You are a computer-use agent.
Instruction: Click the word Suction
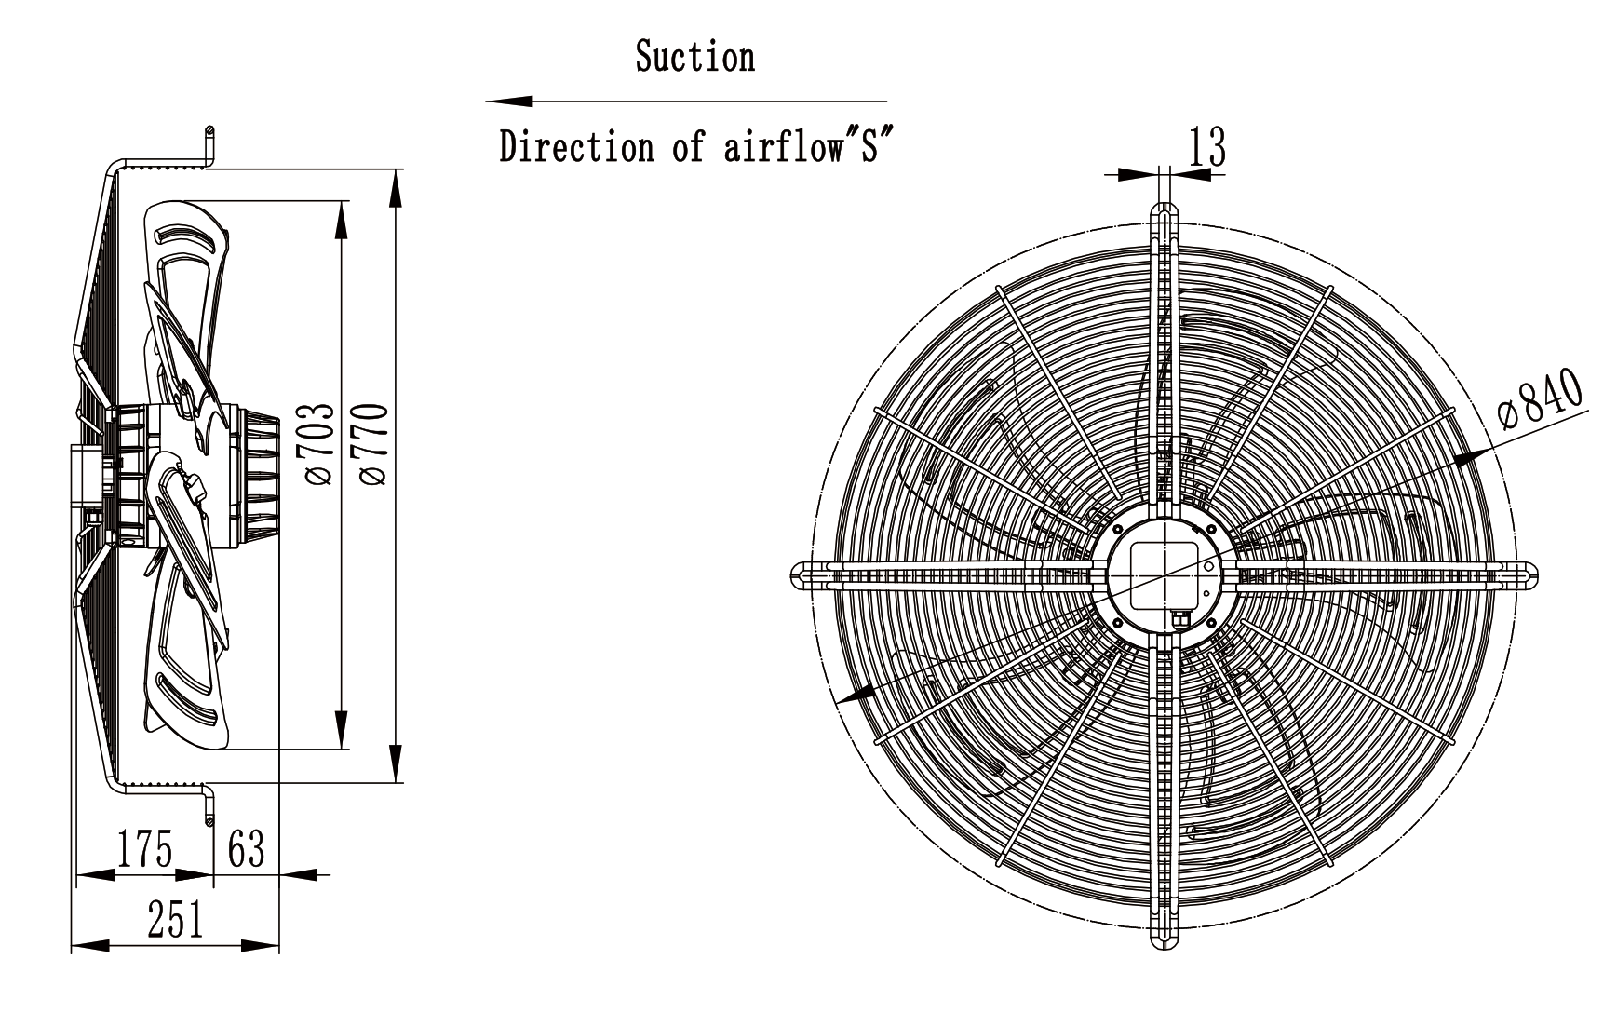694,57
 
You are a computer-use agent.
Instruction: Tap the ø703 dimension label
317,444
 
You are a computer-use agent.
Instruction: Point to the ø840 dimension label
1541,399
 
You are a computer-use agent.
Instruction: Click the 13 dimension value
1207,147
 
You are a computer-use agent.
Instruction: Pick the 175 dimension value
145,849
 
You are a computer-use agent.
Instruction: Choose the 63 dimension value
247,849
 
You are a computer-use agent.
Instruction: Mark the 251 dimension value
175,920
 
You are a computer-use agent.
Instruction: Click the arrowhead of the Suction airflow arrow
508,101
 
